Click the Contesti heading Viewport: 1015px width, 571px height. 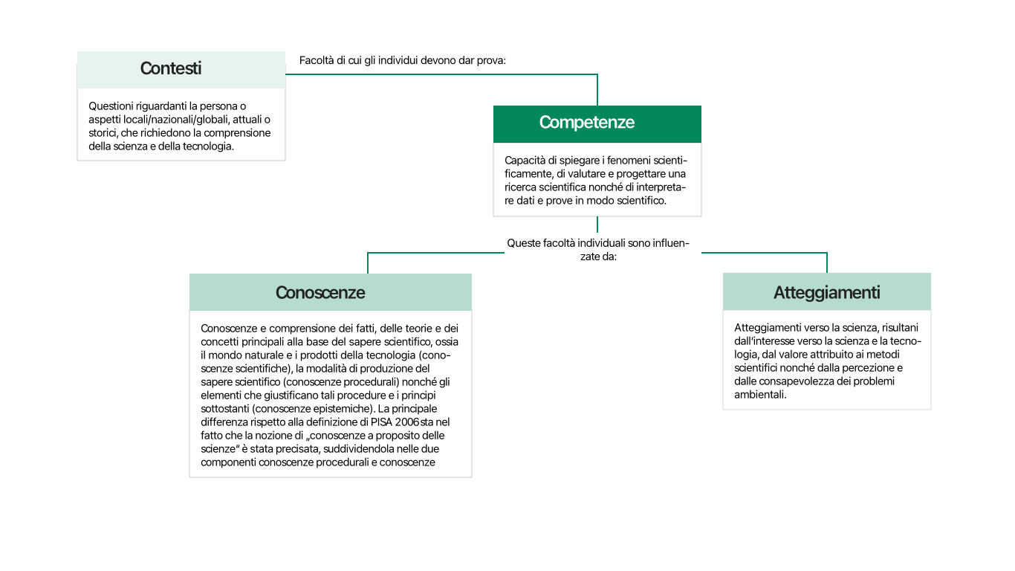pyautogui.click(x=171, y=68)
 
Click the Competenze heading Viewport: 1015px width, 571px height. pyautogui.click(x=587, y=123)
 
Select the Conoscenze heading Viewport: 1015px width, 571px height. pyautogui.click(x=320, y=292)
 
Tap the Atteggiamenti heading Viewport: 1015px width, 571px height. pyautogui.click(x=826, y=292)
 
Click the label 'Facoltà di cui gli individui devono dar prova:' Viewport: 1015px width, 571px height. pyautogui.click(x=402, y=60)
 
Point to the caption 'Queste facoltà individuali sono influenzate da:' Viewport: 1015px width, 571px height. pyautogui.click(x=598, y=250)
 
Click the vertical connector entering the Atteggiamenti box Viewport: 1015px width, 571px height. pyautogui.click(x=827, y=262)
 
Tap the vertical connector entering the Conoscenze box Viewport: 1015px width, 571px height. pyautogui.click(x=368, y=262)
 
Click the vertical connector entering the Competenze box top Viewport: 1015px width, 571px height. pyautogui.click(x=597, y=90)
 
